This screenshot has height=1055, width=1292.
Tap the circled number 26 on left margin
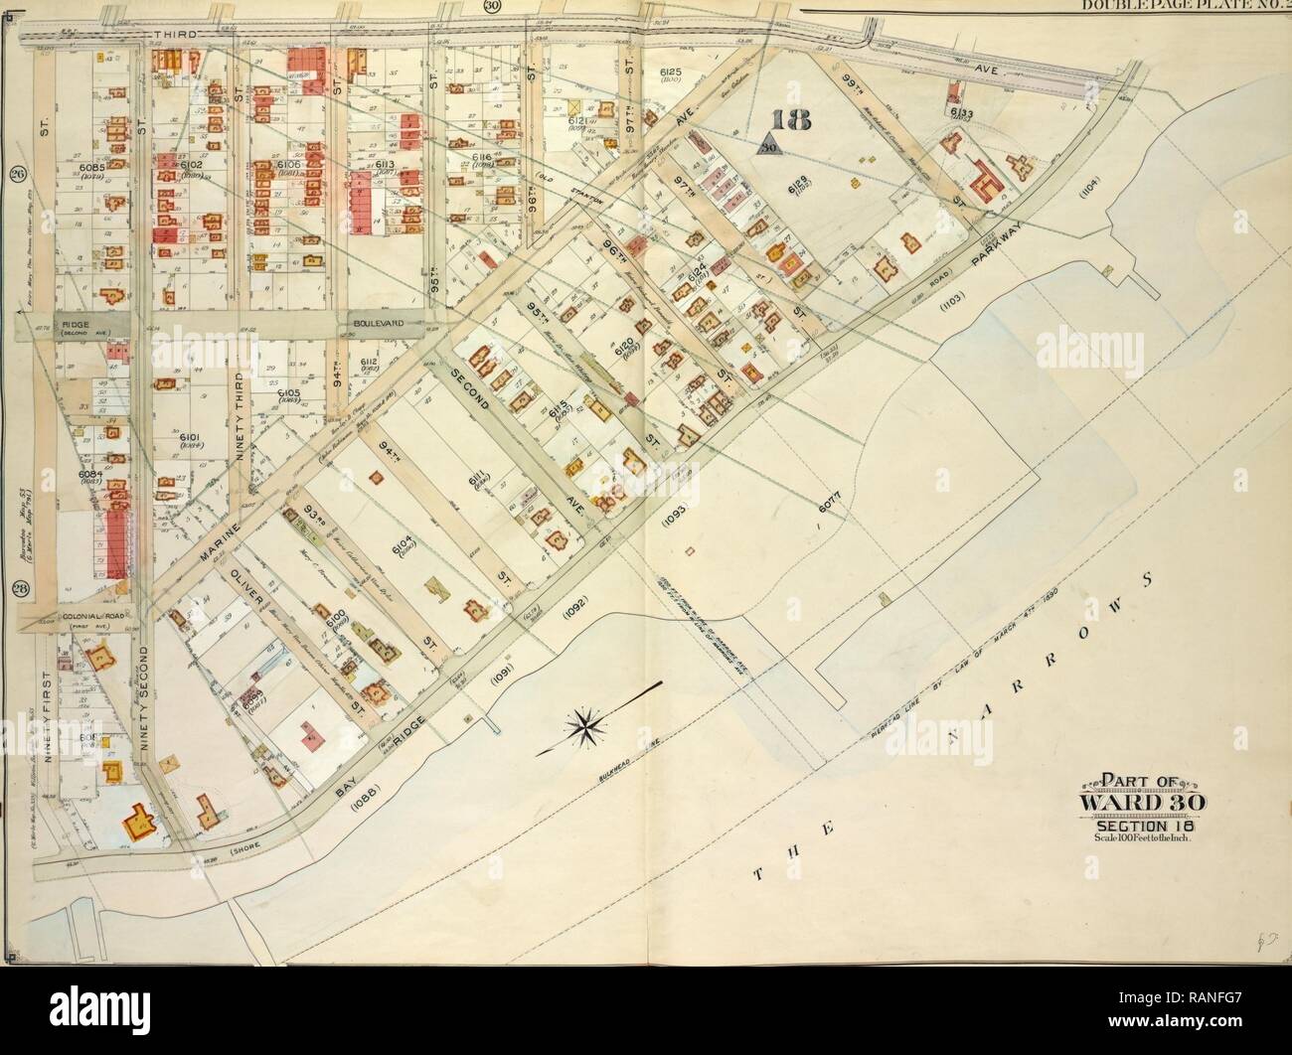pyautogui.click(x=17, y=178)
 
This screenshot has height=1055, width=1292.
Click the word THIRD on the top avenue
pyautogui.click(x=179, y=34)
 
